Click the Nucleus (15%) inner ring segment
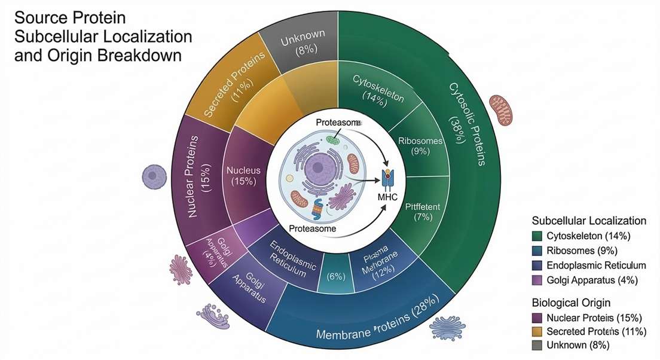[243, 175]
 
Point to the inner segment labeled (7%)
[422, 212]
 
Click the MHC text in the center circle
[389, 196]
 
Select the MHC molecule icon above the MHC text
[389, 177]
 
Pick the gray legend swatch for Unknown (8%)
[537, 345]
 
